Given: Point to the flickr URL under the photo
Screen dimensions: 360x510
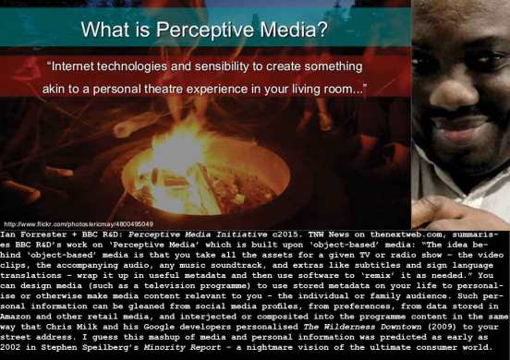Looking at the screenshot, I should click(x=79, y=223).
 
